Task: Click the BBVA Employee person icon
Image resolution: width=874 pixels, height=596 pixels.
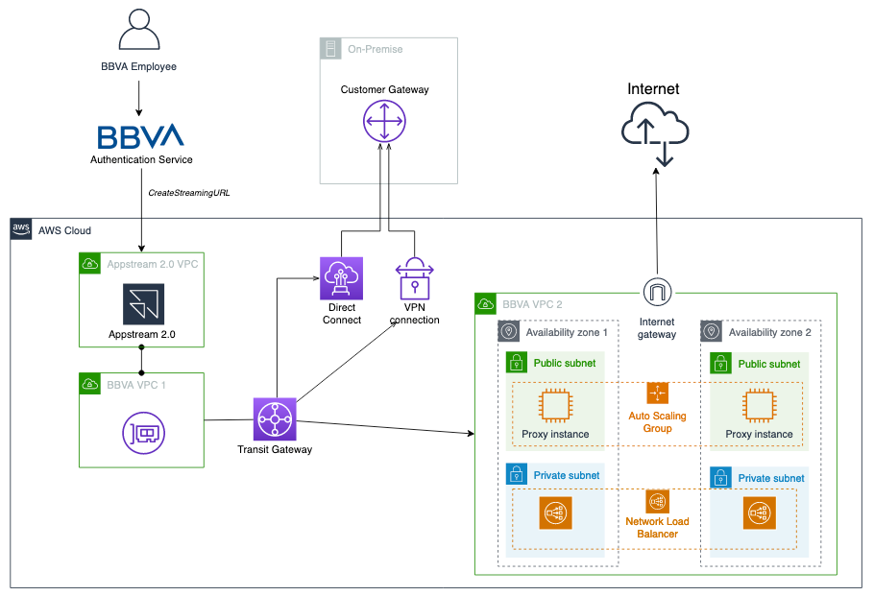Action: click(x=139, y=32)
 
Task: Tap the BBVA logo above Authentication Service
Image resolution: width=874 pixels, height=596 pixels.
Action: click(x=141, y=136)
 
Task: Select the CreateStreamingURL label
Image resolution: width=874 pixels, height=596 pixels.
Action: click(x=189, y=193)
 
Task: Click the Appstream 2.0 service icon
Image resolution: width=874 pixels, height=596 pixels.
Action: click(x=142, y=304)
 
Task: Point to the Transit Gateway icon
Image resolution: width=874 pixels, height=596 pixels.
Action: click(x=275, y=419)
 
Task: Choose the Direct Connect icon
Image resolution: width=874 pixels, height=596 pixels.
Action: click(x=342, y=277)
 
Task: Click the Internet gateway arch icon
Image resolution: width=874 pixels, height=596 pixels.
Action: click(x=657, y=292)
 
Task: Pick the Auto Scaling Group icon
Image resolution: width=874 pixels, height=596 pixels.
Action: click(x=657, y=393)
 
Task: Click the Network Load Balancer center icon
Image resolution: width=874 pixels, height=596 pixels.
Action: click(x=658, y=500)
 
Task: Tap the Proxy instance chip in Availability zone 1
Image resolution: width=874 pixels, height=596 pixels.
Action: click(x=556, y=405)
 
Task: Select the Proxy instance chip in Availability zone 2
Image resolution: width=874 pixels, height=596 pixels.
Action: click(x=760, y=405)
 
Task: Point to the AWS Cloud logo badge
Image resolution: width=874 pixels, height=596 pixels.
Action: click(x=21, y=229)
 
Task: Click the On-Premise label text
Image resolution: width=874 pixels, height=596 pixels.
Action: click(x=376, y=49)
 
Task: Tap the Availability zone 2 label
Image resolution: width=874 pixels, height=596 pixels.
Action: click(x=769, y=332)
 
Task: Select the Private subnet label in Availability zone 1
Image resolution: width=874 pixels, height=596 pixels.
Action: click(x=567, y=475)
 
